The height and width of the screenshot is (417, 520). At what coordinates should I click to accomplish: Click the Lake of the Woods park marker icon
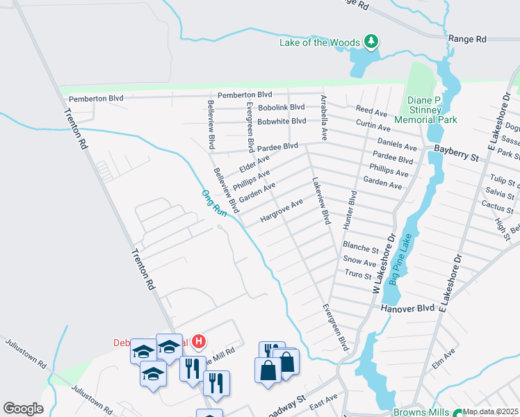(x=372, y=42)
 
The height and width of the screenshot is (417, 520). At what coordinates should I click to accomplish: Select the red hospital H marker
(x=199, y=341)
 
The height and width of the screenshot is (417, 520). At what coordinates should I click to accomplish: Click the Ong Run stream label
(x=215, y=202)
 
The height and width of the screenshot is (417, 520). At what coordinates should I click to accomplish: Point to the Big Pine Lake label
(x=401, y=259)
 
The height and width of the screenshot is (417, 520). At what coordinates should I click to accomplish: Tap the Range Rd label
(x=467, y=40)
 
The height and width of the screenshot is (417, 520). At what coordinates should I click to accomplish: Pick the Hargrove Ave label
(x=282, y=211)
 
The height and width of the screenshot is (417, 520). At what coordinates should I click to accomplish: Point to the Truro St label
(x=359, y=275)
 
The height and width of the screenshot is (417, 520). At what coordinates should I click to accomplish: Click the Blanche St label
(x=360, y=247)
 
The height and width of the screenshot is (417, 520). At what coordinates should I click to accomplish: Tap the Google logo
(x=23, y=409)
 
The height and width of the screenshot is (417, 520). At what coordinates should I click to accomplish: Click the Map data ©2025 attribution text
(x=491, y=411)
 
